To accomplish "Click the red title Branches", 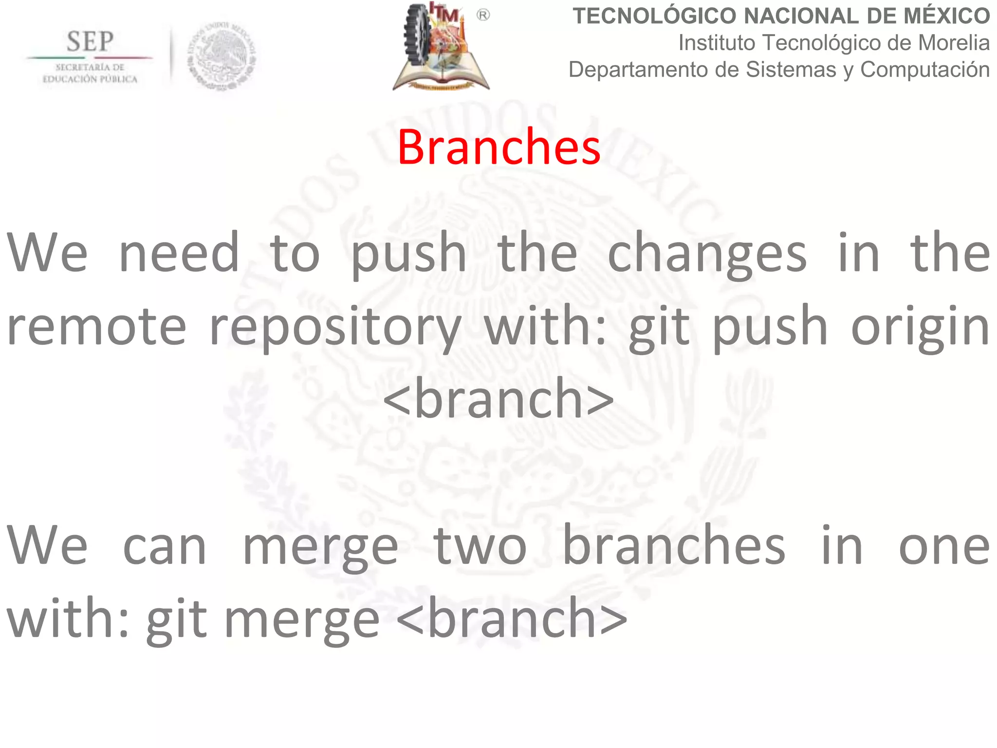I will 498,147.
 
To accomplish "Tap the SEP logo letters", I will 90,41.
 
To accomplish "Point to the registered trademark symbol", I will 483,16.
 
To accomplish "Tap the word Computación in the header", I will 924,70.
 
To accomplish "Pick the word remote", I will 96,326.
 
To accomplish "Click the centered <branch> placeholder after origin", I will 498,399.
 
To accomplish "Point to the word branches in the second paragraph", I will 674,545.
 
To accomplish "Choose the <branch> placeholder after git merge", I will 512,618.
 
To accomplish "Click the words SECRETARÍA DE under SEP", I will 90,67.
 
